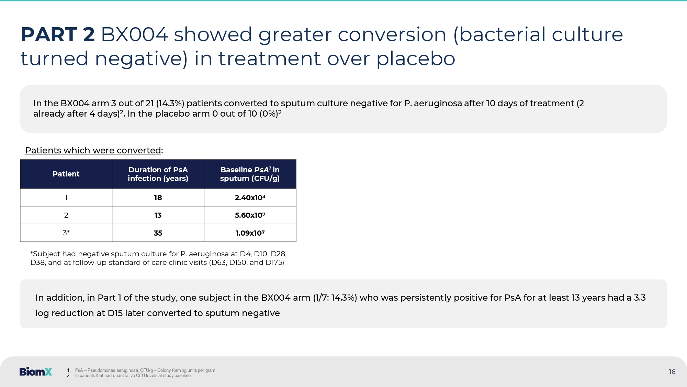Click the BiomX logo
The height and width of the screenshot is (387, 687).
point(36,372)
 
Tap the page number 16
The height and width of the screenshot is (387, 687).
point(672,372)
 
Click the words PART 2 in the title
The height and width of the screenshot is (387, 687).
point(58,35)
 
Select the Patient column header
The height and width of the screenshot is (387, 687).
point(66,174)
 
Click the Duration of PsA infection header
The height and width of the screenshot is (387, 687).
point(158,174)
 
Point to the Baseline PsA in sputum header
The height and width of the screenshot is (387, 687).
point(250,174)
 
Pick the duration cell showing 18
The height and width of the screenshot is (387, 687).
point(158,198)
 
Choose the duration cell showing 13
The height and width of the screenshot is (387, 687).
point(158,215)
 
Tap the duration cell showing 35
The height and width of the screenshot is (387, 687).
point(158,233)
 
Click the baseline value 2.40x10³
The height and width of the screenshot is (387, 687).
point(250,198)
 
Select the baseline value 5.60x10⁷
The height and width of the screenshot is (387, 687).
point(250,215)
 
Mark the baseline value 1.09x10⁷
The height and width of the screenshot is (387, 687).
point(250,233)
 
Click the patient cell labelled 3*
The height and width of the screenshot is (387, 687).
point(66,233)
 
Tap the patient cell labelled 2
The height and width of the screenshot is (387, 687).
point(66,215)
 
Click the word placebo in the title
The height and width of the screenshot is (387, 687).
point(416,59)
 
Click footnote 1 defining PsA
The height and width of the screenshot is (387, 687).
point(141,370)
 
